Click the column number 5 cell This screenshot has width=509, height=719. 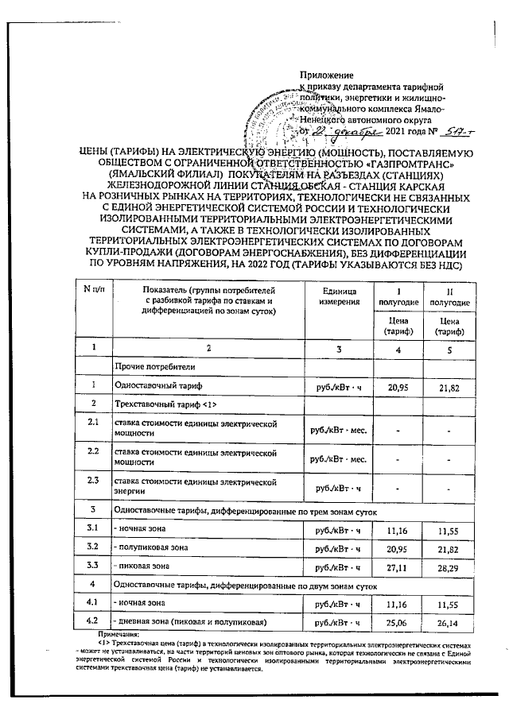click(449, 348)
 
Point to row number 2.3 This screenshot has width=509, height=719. click(93, 481)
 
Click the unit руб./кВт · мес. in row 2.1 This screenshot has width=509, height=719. click(336, 430)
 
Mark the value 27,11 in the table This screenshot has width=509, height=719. click(398, 566)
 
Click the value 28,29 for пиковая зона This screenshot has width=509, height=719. click(449, 566)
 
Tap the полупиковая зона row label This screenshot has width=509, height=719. click(153, 547)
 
